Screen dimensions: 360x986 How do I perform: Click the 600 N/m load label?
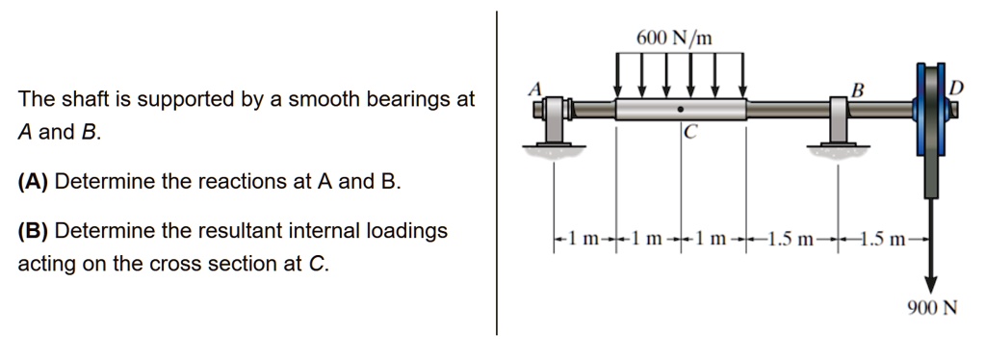click(675, 39)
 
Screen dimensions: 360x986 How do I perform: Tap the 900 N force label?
click(931, 309)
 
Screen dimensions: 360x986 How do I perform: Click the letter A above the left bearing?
click(535, 89)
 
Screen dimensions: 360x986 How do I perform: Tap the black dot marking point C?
click(681, 109)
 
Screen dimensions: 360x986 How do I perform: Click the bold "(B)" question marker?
click(34, 231)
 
